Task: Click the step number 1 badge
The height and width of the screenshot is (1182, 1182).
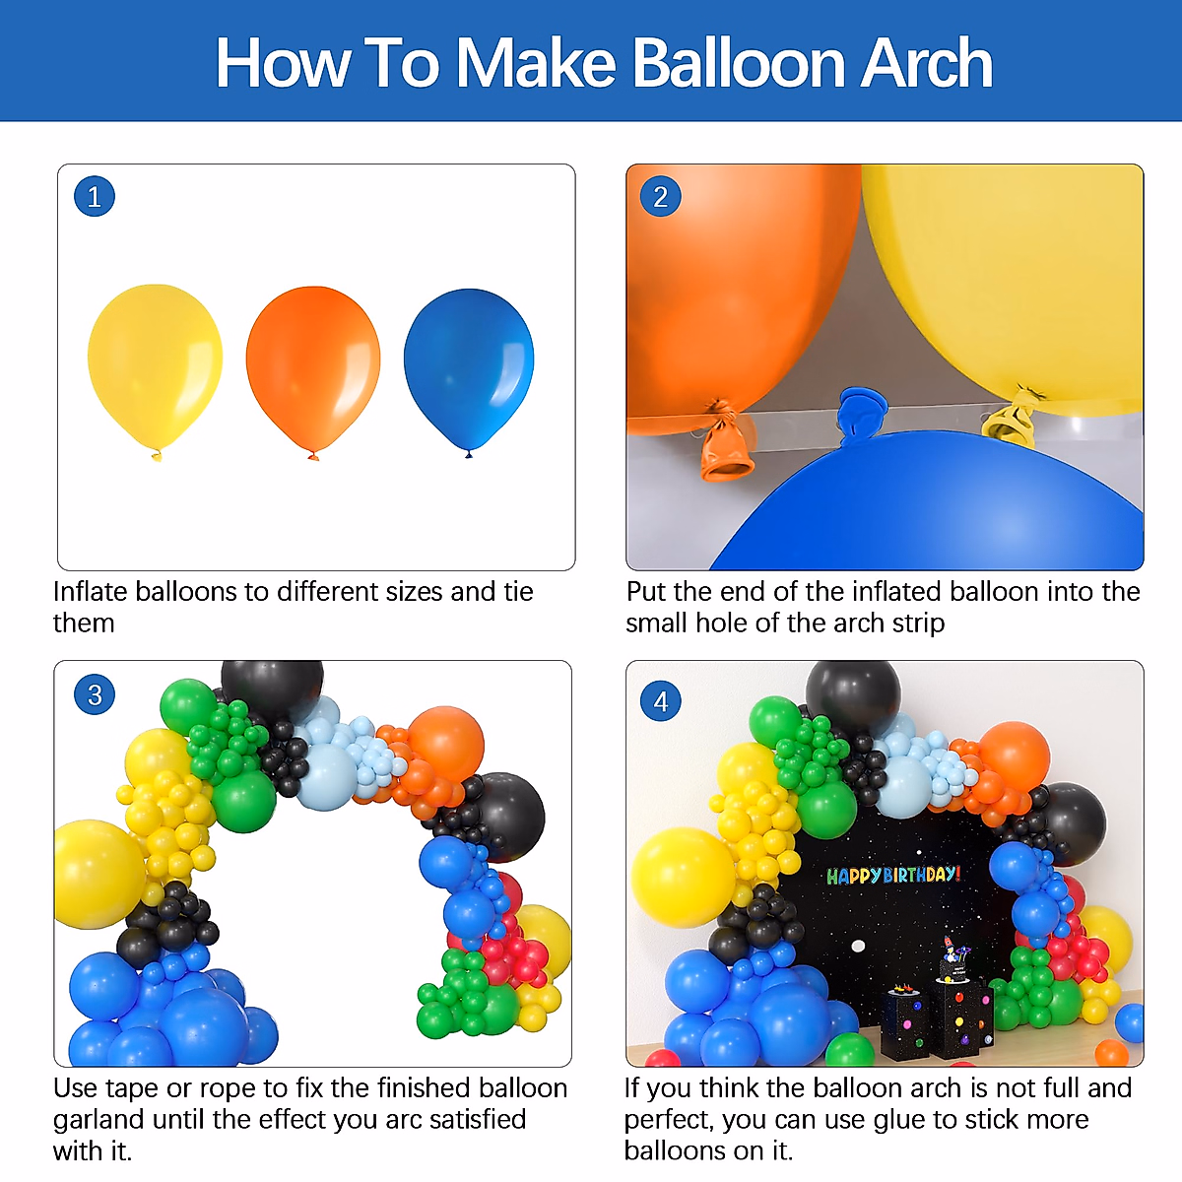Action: [x=95, y=197]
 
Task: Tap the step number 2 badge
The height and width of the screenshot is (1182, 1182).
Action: [x=661, y=197]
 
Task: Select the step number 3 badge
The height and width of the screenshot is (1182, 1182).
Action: [x=95, y=695]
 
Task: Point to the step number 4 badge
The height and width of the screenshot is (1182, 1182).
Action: [x=661, y=701]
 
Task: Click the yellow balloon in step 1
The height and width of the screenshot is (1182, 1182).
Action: [x=155, y=362]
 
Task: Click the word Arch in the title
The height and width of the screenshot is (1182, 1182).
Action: [x=927, y=63]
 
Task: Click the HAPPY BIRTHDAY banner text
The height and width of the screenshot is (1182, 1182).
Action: [x=892, y=875]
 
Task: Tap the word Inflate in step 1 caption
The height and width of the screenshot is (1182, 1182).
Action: [x=90, y=592]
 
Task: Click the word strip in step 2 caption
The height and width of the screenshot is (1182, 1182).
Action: [x=918, y=624]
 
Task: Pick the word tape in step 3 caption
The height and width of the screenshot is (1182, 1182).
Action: [x=129, y=1089]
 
